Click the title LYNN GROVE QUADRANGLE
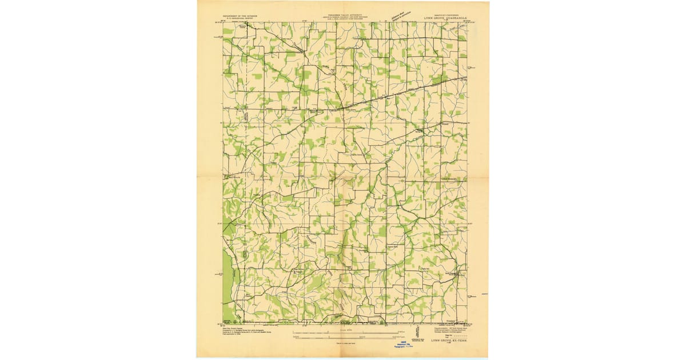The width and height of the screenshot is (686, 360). tap(445, 18)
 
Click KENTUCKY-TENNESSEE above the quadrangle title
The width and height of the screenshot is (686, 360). tap(445, 15)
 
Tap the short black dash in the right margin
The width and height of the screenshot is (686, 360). tap(484, 294)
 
